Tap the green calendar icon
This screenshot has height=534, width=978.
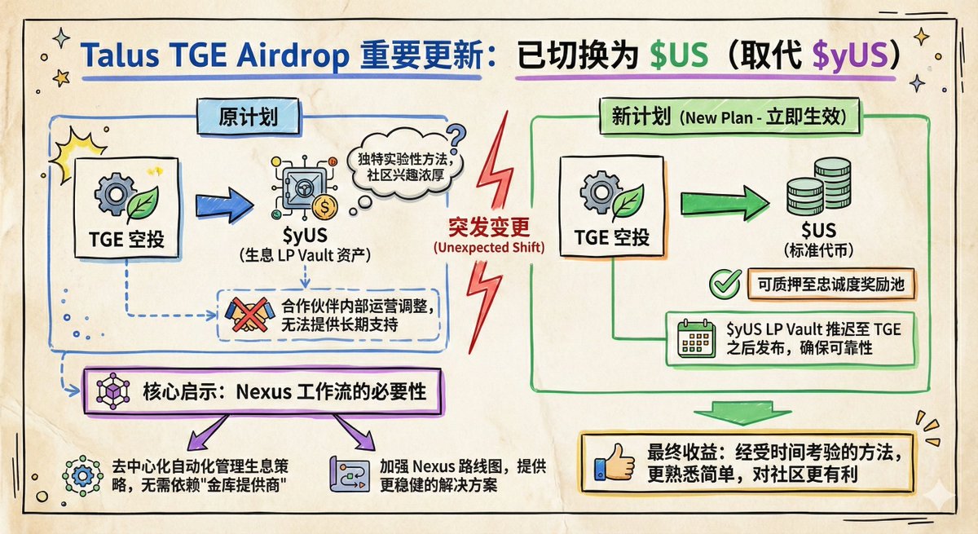click(x=695, y=338)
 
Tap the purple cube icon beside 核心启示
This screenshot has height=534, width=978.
click(x=112, y=391)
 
